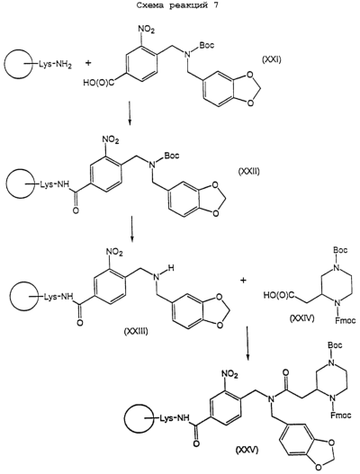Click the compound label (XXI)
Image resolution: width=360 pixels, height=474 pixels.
(272, 60)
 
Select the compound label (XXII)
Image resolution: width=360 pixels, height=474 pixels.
(247, 172)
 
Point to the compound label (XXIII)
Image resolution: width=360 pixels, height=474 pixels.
(136, 331)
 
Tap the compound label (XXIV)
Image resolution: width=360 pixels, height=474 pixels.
(301, 318)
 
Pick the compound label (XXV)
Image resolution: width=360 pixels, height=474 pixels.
(247, 450)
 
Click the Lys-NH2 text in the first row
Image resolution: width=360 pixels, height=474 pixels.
(55, 65)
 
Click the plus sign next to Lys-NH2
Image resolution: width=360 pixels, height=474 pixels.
(88, 64)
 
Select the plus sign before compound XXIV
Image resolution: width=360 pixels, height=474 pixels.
(244, 281)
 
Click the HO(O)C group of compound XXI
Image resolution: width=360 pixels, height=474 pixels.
(99, 82)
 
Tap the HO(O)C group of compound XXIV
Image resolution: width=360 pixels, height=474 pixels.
(279, 295)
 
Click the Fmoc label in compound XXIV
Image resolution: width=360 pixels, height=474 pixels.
(346, 320)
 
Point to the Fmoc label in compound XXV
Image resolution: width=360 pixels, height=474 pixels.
(341, 416)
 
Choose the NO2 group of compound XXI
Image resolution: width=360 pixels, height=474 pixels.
(146, 30)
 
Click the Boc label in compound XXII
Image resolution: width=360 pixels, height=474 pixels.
(172, 156)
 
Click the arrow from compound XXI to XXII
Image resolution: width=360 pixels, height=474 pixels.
(130, 112)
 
